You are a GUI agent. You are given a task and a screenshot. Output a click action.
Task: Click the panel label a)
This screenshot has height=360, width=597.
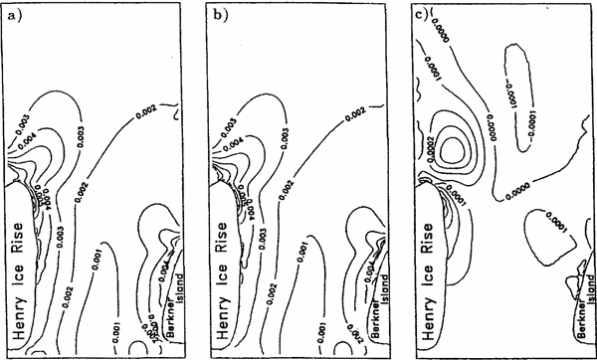(11, 14)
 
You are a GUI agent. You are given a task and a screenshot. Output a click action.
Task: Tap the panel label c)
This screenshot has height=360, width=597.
(409, 14)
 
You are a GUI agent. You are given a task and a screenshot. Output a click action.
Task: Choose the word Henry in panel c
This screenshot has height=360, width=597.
(416, 321)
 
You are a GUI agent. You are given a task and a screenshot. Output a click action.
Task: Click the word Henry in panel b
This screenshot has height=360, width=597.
(217, 321)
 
